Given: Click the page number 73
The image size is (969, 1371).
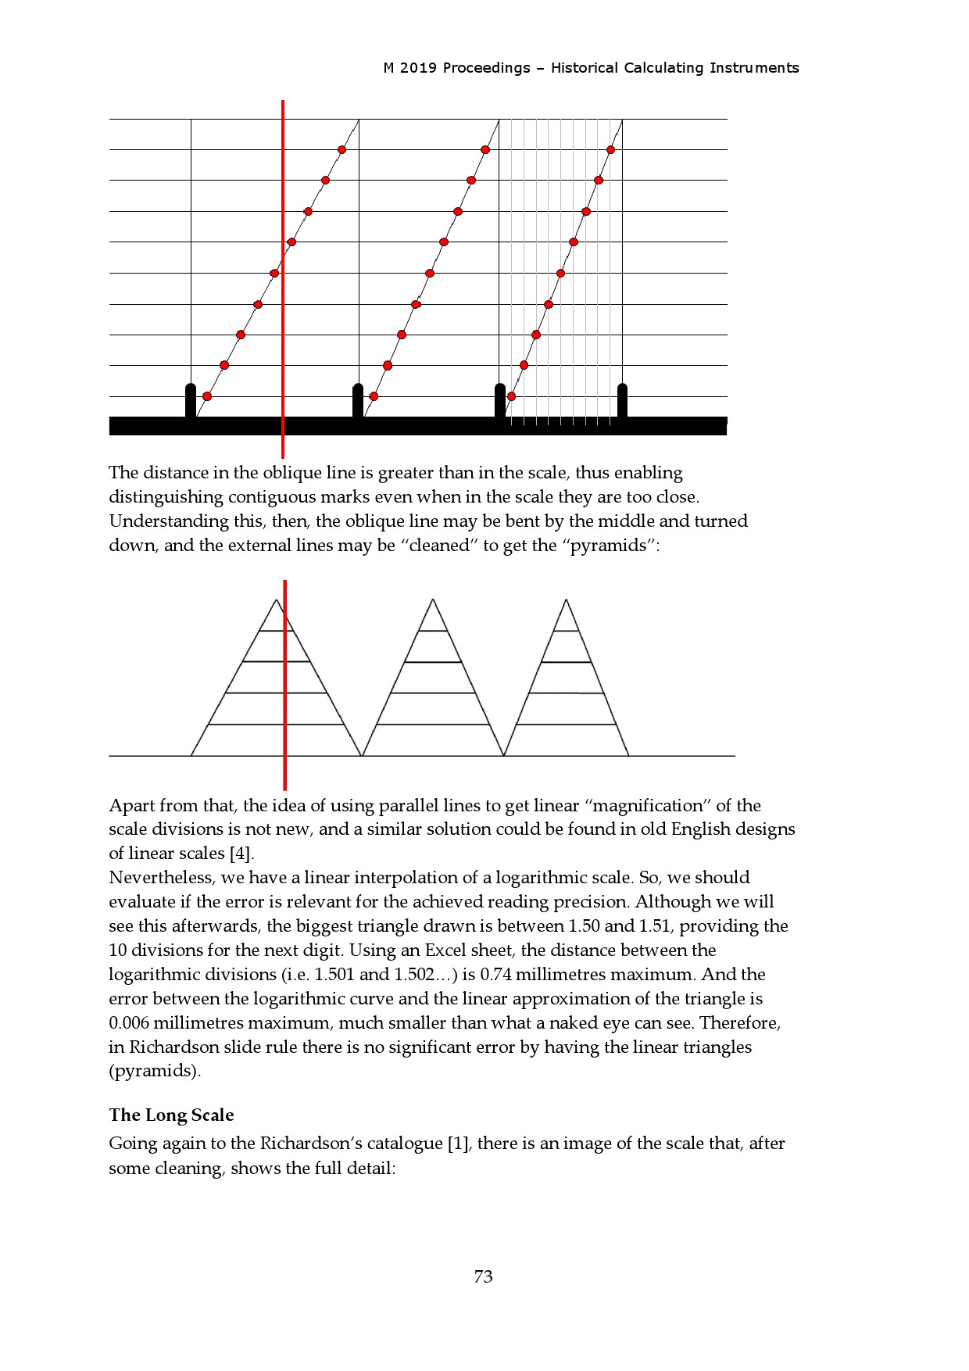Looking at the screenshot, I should [483, 1276].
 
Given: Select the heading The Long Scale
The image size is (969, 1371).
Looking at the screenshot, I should [171, 1115].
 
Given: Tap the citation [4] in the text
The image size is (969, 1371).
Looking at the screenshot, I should [241, 854].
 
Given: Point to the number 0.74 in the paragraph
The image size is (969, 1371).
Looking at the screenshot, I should [495, 975].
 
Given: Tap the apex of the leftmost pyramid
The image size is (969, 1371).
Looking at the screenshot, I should [277, 600].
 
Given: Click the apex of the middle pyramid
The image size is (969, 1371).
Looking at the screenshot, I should [433, 600].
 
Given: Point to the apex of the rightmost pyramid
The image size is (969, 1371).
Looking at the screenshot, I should [566, 600].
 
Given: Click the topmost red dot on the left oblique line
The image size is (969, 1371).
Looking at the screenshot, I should [341, 149].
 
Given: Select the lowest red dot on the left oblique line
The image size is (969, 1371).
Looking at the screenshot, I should [207, 396].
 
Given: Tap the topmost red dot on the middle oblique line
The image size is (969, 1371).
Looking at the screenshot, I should [485, 149].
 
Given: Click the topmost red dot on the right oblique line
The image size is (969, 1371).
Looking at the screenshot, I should [610, 149].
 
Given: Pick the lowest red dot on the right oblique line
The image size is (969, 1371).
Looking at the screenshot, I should [511, 396].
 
